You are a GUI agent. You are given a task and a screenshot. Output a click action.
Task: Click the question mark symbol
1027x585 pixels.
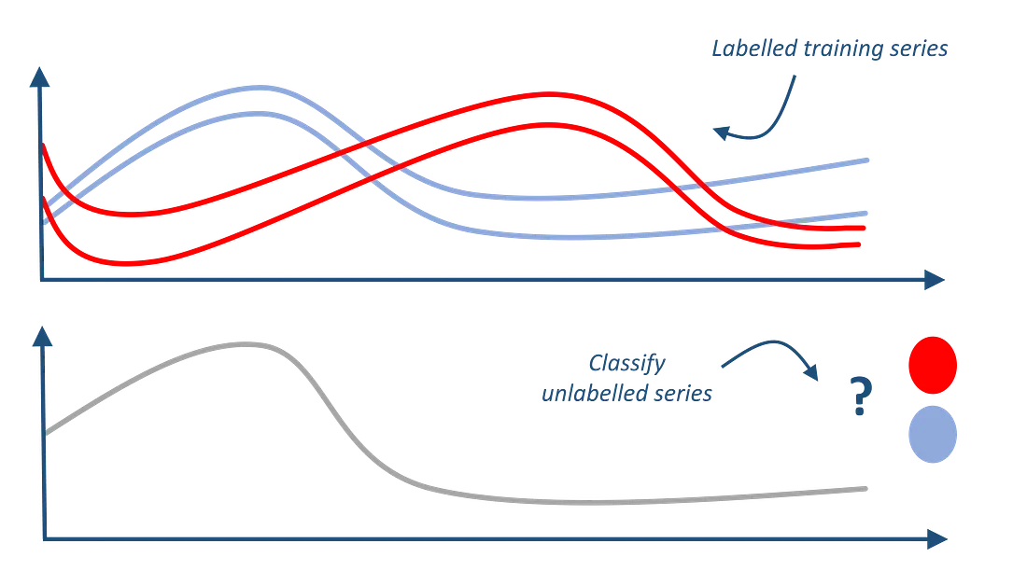pyautogui.click(x=857, y=393)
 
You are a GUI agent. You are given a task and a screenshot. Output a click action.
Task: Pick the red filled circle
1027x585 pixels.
pyautogui.click(x=933, y=363)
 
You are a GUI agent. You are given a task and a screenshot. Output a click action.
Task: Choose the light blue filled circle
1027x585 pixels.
pyautogui.click(x=933, y=432)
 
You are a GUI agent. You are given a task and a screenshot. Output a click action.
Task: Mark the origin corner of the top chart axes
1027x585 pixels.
pyautogui.click(x=39, y=279)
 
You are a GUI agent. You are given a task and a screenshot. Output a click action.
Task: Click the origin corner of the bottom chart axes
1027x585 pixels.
pyautogui.click(x=39, y=538)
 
